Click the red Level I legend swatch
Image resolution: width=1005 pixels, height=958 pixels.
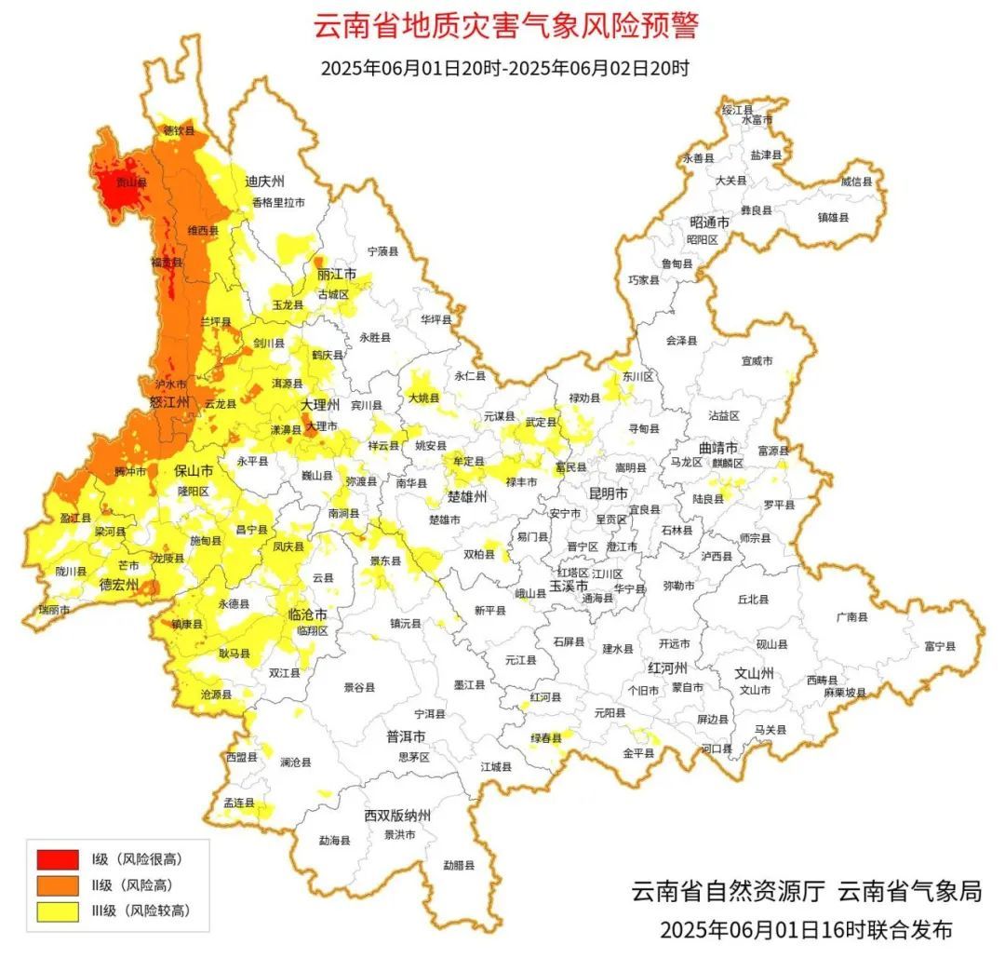(57, 858)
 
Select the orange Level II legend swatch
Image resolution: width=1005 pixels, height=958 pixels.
(57, 884)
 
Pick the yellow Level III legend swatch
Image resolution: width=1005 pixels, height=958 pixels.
(57, 911)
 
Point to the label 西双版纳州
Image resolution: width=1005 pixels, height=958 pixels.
(397, 816)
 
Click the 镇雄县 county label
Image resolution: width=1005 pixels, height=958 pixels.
(833, 217)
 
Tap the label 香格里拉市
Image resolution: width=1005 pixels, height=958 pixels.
(277, 202)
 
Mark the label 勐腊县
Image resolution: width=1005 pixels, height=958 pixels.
(459, 865)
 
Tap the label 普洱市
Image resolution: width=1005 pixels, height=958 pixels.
(406, 736)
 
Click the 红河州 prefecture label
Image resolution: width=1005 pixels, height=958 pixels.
(667, 668)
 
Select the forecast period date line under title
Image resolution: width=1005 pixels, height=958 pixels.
(504, 68)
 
